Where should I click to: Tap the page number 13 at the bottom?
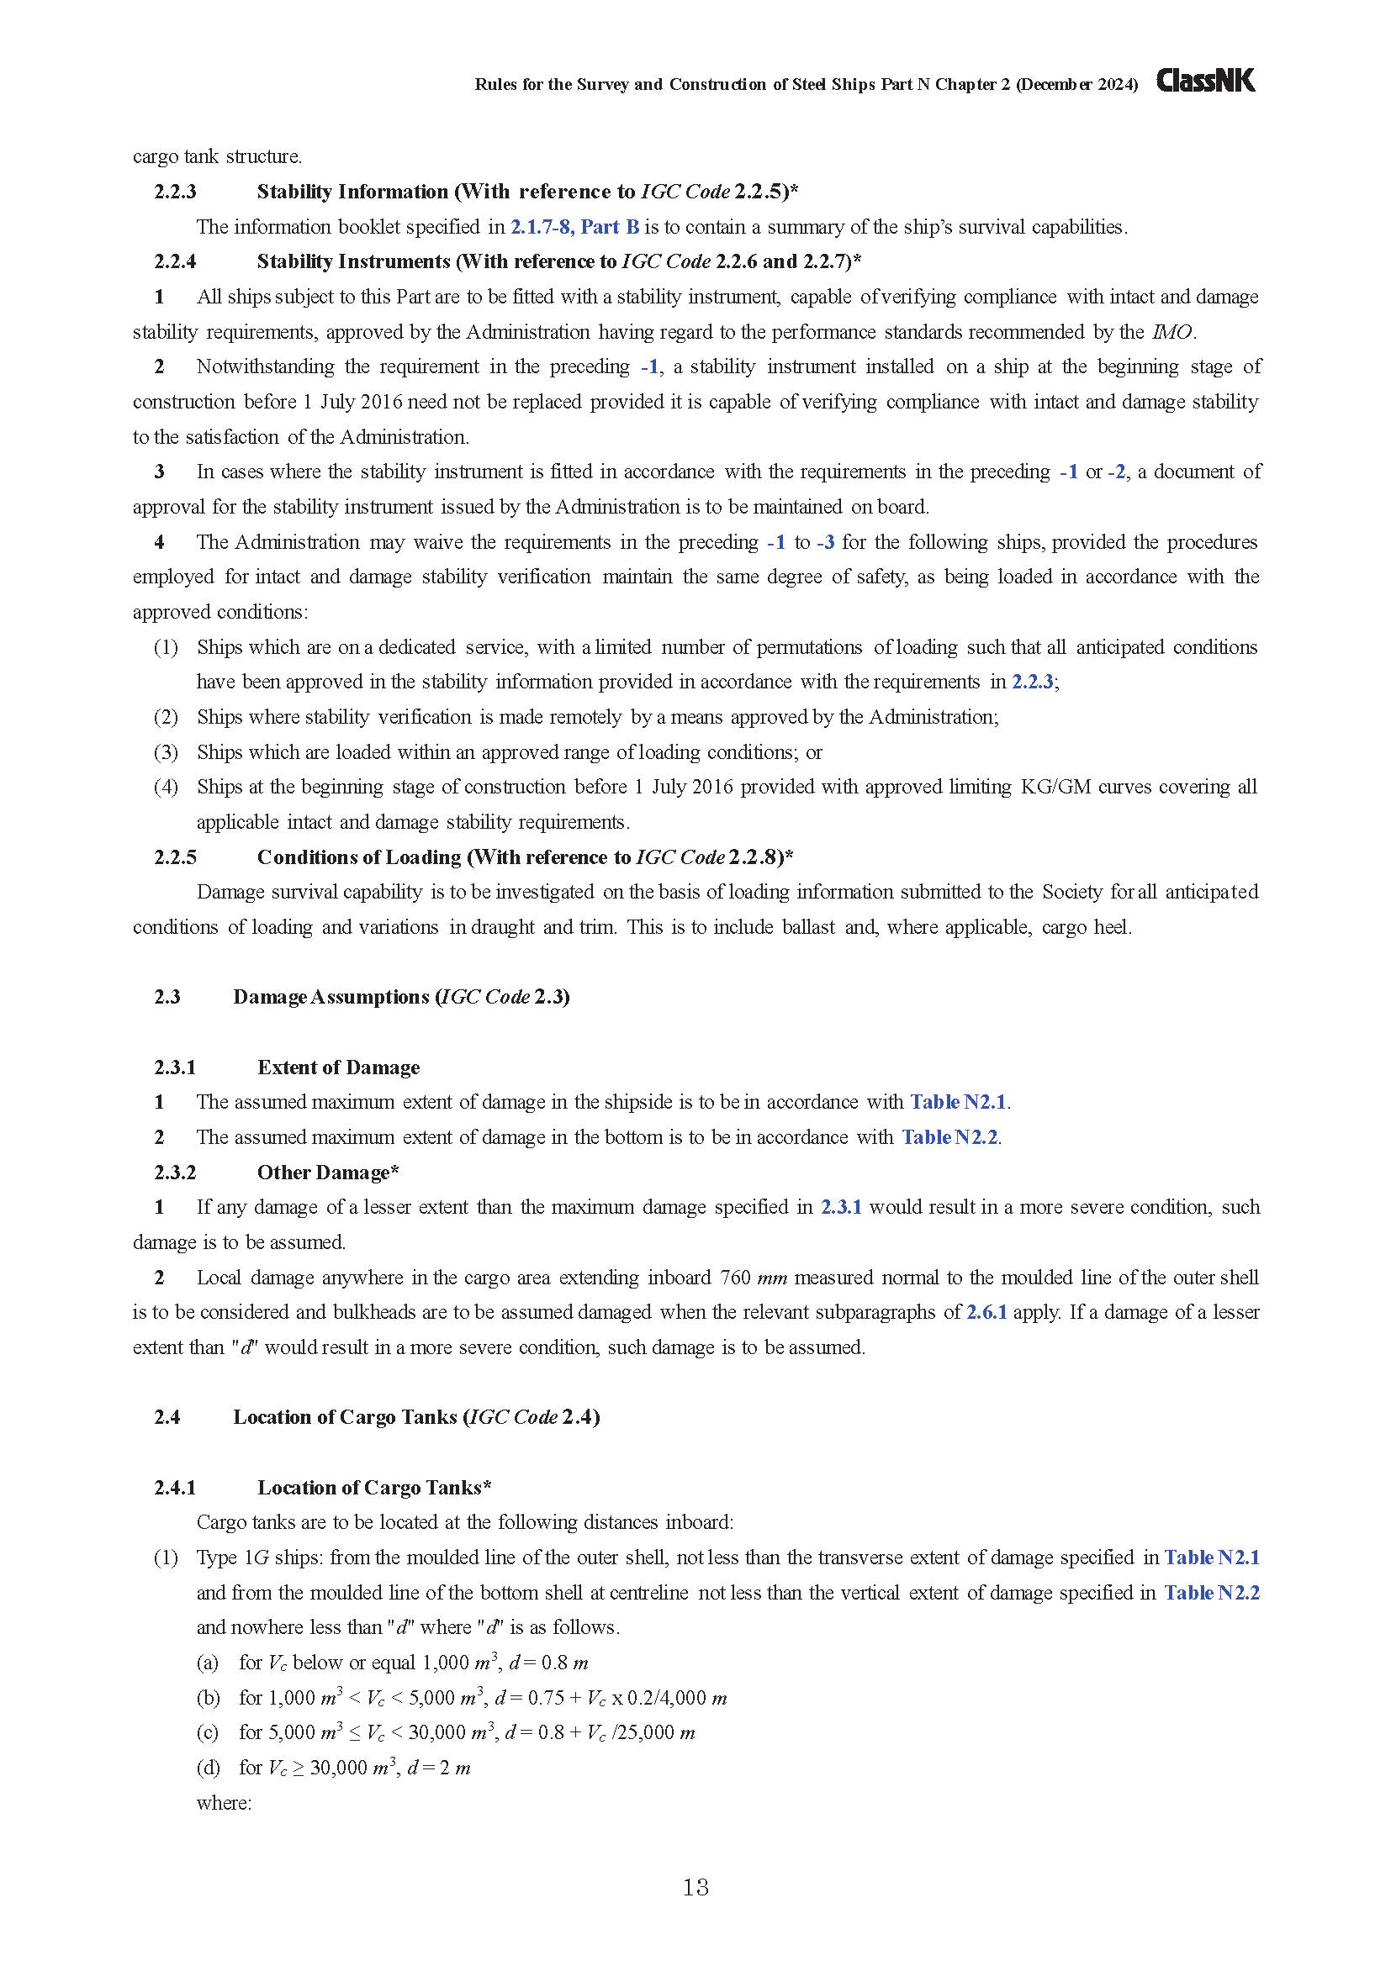pos(695,1886)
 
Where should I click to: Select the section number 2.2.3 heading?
pos(175,192)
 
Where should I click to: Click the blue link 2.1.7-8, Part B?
pos(574,227)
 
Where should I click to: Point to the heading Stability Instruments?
pos(354,261)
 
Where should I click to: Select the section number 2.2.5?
pos(175,857)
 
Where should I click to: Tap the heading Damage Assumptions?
pos(331,997)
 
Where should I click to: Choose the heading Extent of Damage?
pos(338,1067)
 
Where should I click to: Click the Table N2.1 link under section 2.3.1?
pos(958,1102)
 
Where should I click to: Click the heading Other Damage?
pos(323,1173)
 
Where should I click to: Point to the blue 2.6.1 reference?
pos(986,1312)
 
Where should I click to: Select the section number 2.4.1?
pos(175,1488)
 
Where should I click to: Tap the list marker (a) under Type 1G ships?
pos(207,1663)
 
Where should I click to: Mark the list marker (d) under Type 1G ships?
pos(207,1768)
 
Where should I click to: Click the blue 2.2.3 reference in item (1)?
pos(1032,682)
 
